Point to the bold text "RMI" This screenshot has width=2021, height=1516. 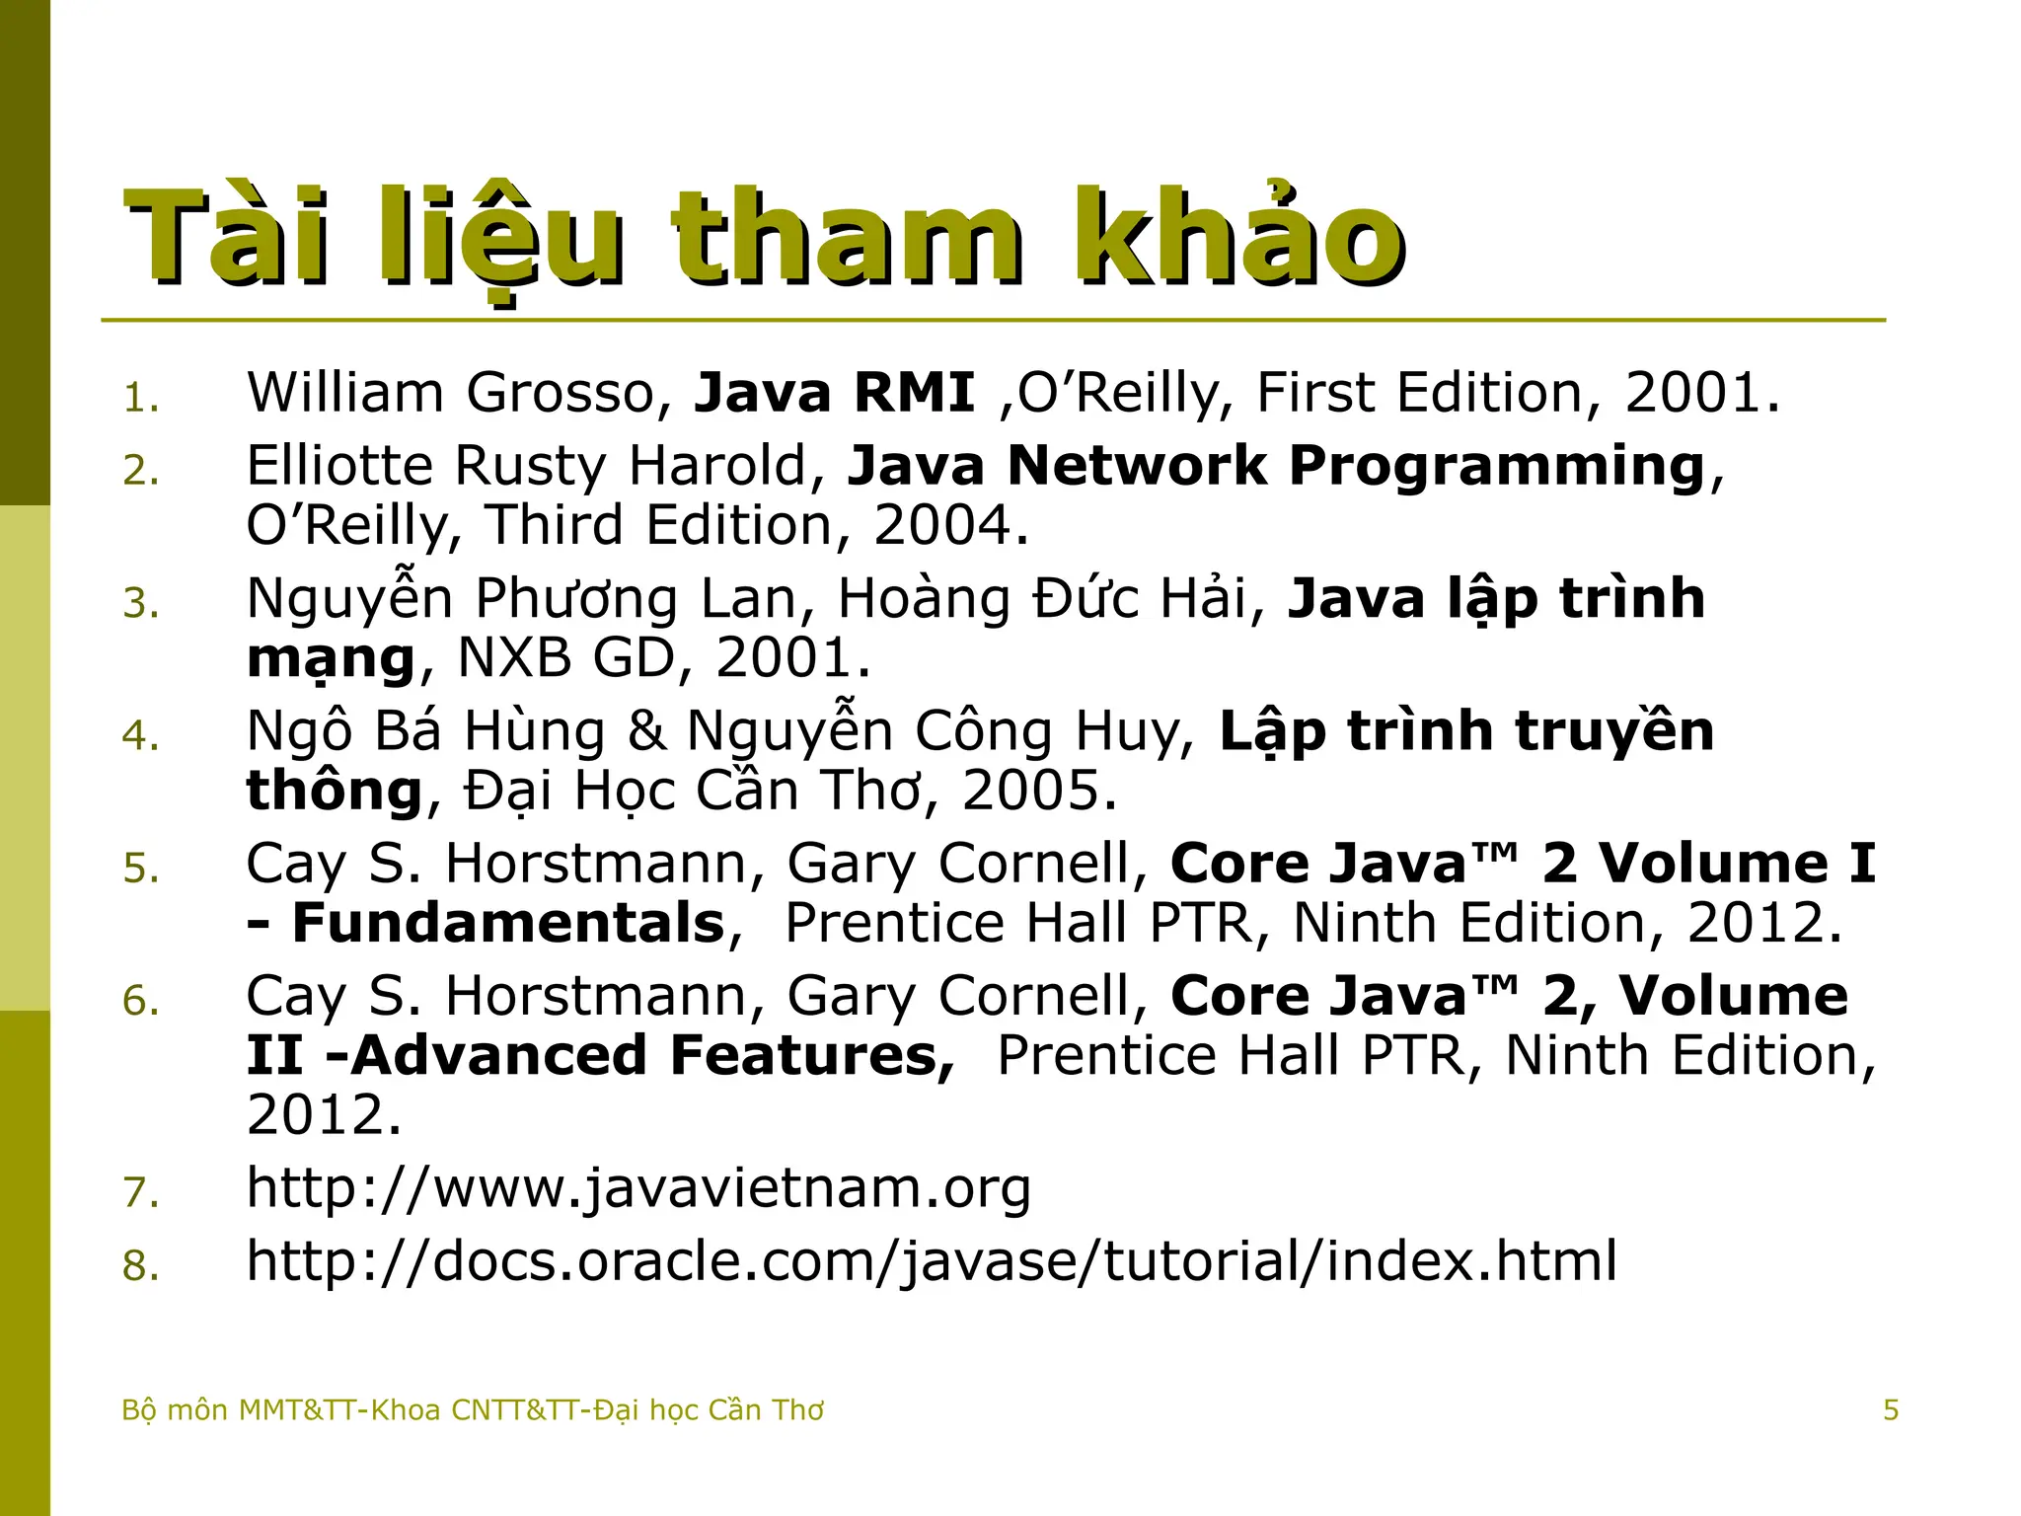pyautogui.click(x=914, y=393)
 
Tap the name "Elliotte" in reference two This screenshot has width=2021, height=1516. pyautogui.click(x=339, y=466)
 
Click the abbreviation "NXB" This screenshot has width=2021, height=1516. pyautogui.click(x=514, y=657)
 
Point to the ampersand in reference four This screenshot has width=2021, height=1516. pyautogui.click(x=646, y=731)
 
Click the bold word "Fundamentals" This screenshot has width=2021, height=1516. pyautogui.click(x=508, y=923)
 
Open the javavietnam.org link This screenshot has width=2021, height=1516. pyautogui.click(x=638, y=1187)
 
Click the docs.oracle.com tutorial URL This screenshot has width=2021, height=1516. pyautogui.click(x=932, y=1261)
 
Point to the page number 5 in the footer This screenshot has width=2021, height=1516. pyautogui.click(x=1890, y=1409)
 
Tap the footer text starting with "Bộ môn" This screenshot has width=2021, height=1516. pyautogui.click(x=472, y=1409)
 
